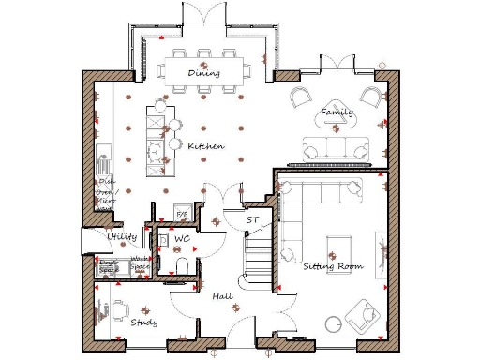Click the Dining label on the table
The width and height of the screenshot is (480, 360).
point(203,72)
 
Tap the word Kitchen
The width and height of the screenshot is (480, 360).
point(205,146)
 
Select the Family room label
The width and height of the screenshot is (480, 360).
point(337,112)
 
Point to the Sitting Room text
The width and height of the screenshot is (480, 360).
point(333,266)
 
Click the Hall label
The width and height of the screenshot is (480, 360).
point(222,295)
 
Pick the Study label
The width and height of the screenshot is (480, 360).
point(143,322)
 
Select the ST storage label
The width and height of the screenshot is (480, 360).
point(251,220)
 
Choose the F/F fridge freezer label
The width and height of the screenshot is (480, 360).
point(183,215)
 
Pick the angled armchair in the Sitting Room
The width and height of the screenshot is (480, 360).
point(360,315)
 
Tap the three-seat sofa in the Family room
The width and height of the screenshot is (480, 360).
point(335,147)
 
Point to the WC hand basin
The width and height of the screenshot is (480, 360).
point(163,240)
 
